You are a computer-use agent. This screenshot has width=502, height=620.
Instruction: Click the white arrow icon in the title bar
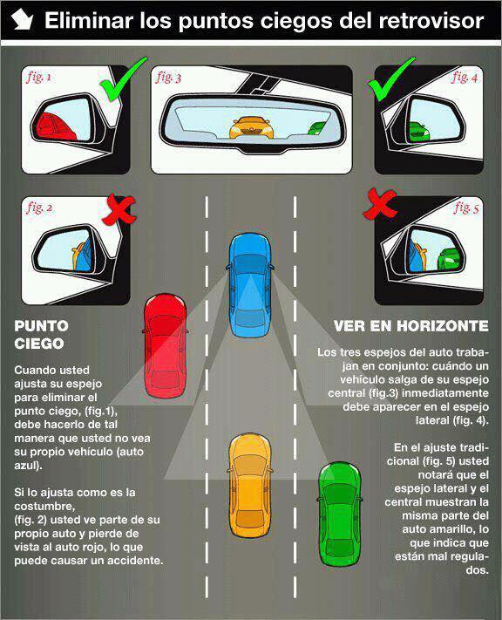point(22,20)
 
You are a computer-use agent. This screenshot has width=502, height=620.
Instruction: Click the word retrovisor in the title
point(431,21)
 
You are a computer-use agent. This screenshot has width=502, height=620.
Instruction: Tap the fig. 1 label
point(38,77)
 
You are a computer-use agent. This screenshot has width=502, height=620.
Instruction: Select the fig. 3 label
point(168,77)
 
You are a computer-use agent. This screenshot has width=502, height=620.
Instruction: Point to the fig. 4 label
point(465,77)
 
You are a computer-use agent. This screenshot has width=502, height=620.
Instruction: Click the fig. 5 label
point(466,208)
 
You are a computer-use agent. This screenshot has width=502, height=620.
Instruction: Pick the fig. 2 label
point(39,208)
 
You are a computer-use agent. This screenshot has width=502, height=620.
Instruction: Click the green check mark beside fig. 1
point(123,78)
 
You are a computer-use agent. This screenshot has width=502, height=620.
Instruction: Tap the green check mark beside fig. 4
point(391,78)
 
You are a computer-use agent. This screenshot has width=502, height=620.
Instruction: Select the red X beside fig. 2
point(119,209)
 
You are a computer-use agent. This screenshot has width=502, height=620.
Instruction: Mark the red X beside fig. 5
point(379,204)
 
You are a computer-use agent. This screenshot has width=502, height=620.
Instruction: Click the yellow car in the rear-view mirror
point(251,127)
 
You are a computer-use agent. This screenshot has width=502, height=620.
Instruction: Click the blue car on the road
point(250,285)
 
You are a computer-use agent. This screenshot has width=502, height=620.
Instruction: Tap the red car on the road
point(165,346)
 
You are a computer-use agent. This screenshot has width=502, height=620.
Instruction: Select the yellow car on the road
point(250,486)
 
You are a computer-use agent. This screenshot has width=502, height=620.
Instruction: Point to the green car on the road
point(340,514)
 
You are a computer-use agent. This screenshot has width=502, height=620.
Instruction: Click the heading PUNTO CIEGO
point(41,335)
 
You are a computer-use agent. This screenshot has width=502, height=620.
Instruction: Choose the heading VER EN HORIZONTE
point(411,326)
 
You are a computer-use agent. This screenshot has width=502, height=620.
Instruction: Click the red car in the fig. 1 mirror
point(54,126)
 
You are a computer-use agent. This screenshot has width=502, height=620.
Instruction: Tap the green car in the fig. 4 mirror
point(419,132)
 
